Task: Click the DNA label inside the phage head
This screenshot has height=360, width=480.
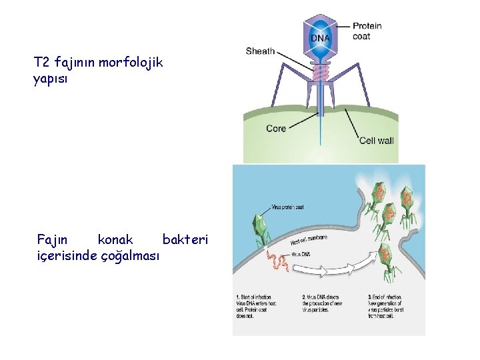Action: point(319,38)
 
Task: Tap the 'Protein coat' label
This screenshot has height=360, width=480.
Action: point(367,31)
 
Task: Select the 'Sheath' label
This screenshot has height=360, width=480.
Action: point(260,51)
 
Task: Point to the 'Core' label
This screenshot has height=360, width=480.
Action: point(276,128)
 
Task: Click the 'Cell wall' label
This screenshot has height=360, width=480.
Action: point(377,140)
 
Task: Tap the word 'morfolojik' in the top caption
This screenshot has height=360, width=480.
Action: point(130,63)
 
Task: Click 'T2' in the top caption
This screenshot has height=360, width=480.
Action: point(42,63)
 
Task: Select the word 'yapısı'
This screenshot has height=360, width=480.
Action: point(50,79)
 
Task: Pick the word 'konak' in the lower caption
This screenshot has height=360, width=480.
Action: point(115,239)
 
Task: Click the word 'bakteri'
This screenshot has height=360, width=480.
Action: point(185,239)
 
